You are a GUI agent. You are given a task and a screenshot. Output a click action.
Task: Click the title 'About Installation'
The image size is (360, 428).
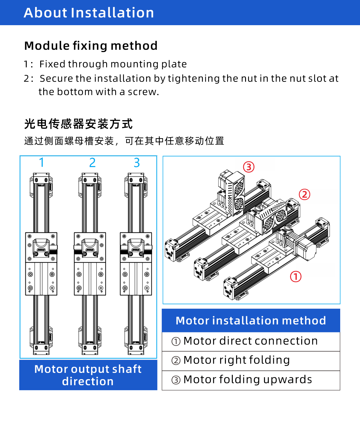tap(89, 13)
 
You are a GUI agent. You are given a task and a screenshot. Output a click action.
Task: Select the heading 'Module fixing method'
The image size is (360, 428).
tap(91, 46)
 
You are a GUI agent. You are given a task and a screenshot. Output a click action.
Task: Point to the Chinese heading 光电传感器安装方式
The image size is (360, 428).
tap(78, 124)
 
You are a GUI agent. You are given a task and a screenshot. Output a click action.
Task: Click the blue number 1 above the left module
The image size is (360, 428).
tap(42, 163)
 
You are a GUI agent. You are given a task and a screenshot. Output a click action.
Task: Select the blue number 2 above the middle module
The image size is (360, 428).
tap(92, 163)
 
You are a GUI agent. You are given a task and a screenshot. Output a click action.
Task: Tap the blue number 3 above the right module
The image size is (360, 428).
tap(137, 163)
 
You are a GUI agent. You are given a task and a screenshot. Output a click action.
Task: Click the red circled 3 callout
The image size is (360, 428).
tap(249, 167)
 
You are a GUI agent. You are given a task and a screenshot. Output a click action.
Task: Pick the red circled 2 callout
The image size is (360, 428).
tap(304, 195)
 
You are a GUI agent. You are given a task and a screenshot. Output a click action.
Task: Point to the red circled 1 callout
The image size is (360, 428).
tap(295, 277)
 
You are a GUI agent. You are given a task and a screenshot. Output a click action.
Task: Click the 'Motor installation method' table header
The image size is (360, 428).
tap(251, 321)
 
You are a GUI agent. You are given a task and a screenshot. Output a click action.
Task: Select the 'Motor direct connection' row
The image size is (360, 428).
tap(251, 341)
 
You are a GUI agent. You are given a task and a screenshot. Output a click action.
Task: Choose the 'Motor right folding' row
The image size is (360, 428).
tap(251, 361)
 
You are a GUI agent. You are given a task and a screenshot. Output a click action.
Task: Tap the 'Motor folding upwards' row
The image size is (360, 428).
tap(251, 380)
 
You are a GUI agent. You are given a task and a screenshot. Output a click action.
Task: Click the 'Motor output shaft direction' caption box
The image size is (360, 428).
tap(88, 375)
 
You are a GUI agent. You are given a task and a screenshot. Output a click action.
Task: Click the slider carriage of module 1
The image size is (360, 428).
tap(41, 264)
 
